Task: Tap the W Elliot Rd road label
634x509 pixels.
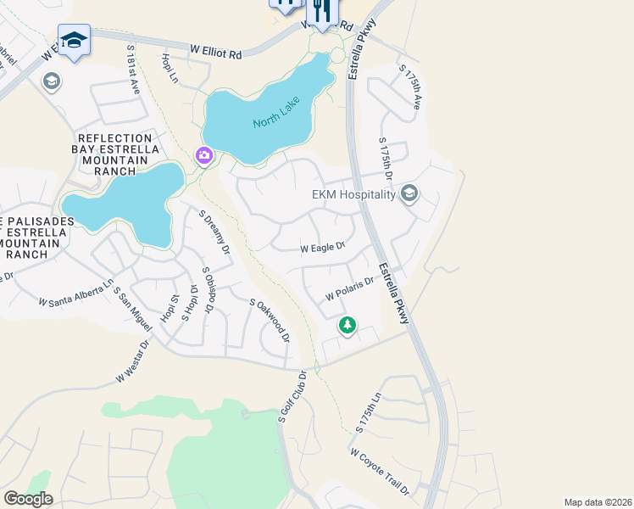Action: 215,52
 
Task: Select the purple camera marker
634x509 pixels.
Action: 203,155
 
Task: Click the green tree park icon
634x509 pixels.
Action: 347,324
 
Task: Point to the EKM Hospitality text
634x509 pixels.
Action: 353,194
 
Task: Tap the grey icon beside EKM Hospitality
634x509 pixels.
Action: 409,194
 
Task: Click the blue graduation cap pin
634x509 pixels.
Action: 75,40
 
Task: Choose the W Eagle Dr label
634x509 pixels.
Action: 323,248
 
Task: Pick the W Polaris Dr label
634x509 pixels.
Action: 350,288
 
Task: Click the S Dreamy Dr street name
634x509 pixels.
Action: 214,232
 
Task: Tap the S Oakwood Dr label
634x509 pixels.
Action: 270,321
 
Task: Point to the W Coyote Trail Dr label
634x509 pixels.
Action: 380,473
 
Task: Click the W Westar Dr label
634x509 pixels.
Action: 132,361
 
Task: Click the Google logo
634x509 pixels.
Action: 27,499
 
